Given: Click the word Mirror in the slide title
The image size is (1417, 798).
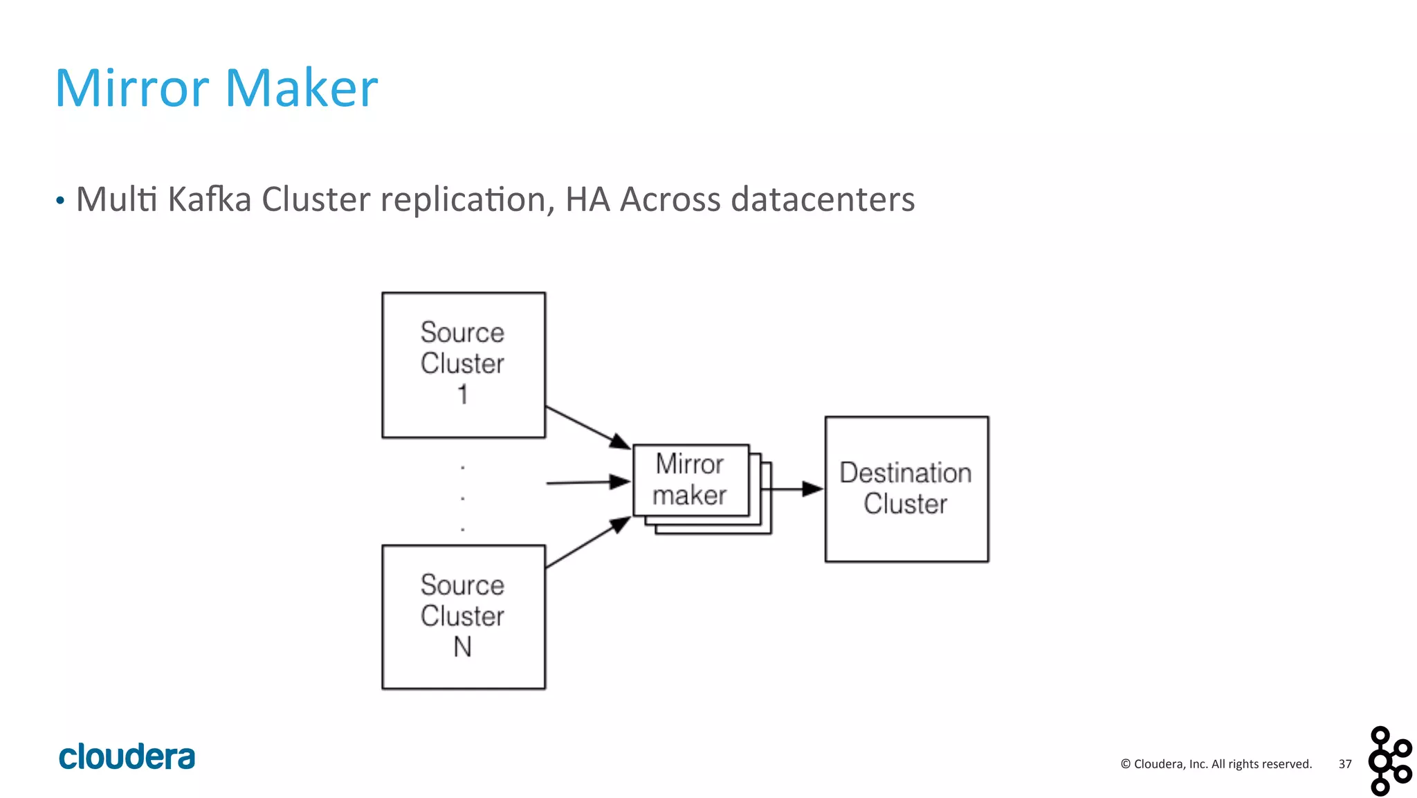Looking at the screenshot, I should click(x=131, y=89).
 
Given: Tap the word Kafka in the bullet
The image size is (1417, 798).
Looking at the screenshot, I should click(x=209, y=200).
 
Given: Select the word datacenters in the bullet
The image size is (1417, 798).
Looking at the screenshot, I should click(x=823, y=200).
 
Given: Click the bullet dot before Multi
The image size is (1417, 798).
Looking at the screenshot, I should click(x=60, y=201).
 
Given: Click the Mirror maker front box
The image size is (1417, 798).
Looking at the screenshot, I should click(x=690, y=480).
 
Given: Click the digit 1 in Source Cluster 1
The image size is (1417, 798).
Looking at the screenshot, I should click(x=463, y=395).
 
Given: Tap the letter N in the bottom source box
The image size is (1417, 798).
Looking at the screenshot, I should click(x=462, y=647).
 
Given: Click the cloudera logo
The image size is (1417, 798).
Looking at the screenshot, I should click(x=127, y=757).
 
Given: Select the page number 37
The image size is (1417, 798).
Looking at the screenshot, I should click(x=1344, y=764).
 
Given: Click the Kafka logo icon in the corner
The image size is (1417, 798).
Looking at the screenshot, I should click(x=1389, y=761).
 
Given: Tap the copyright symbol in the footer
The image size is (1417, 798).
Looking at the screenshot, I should click(x=1125, y=764).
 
